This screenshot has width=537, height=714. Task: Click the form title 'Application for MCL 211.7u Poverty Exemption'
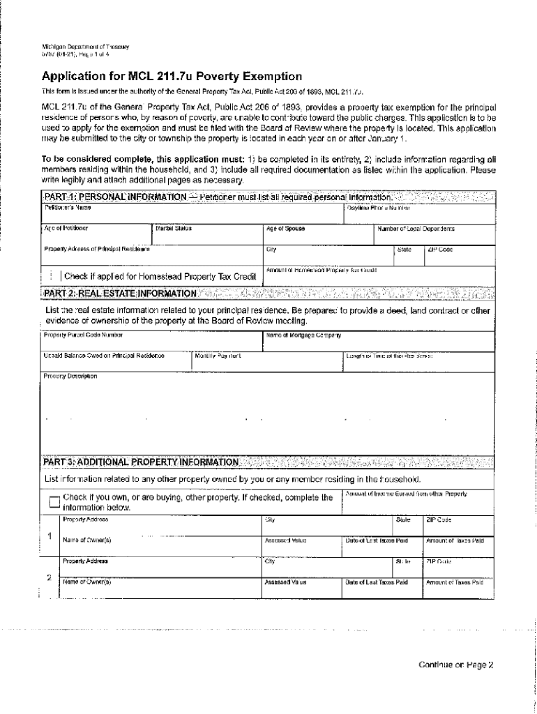pos(172,76)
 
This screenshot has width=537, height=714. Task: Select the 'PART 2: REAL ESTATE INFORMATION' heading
pos(120,294)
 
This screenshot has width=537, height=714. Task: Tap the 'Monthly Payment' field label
pos(218,356)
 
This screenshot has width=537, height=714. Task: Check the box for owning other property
pos(54,502)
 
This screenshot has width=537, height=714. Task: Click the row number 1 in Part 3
pos(49,535)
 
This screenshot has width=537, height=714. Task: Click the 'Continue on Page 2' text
pos(455,664)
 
